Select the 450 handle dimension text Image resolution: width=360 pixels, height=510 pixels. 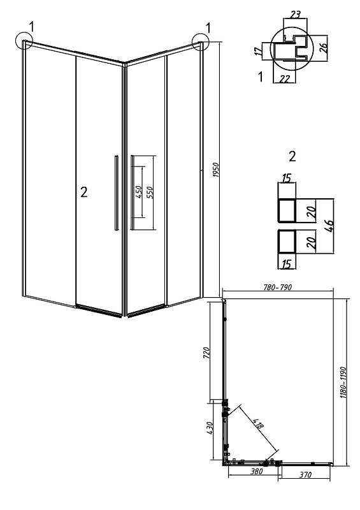[138, 193]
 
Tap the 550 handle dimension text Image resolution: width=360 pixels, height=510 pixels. [150, 193]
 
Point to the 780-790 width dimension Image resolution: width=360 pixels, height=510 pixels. [277, 288]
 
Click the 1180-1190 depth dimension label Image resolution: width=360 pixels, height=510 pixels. [345, 382]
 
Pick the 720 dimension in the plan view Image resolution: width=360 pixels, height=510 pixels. [206, 353]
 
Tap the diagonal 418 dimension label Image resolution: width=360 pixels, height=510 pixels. [259, 422]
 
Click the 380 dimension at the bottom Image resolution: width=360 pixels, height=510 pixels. [256, 471]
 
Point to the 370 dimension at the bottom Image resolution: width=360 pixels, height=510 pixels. [305, 474]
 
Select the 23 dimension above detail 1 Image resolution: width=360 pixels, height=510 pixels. [295, 15]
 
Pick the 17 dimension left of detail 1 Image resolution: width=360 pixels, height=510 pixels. [258, 51]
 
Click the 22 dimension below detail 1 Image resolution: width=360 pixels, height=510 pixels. [285, 78]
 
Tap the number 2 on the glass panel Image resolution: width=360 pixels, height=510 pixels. [84, 193]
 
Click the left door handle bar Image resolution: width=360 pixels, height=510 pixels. [117, 193]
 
